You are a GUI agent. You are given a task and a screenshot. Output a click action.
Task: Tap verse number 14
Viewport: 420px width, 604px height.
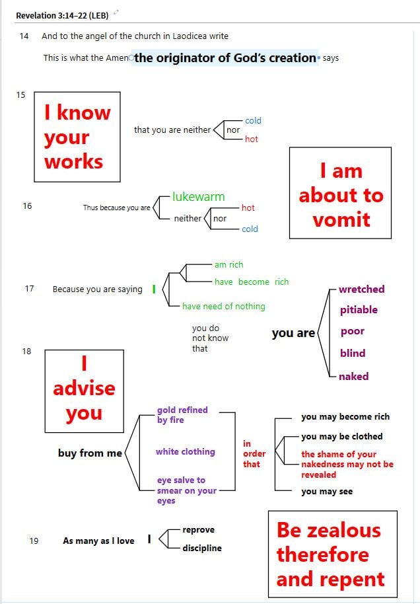[24, 36]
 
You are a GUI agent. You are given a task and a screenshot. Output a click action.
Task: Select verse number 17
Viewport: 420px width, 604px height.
[29, 289]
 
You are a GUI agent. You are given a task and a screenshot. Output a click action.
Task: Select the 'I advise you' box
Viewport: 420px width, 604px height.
[84, 389]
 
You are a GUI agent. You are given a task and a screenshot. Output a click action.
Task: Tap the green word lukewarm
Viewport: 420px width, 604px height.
[198, 197]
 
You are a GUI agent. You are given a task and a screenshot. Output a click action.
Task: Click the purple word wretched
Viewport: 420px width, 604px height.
[361, 289]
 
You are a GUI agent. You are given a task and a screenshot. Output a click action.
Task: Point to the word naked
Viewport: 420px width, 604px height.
[353, 377]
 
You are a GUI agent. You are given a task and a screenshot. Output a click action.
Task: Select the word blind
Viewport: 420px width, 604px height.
[353, 354]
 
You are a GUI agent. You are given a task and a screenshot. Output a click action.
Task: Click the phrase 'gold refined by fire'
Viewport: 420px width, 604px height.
[182, 415]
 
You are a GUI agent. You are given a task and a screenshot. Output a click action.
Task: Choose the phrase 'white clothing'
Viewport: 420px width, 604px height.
[186, 452]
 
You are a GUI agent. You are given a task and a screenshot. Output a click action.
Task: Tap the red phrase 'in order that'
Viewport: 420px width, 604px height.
[254, 454]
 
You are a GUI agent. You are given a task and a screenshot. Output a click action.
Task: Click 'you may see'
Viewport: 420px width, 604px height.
[327, 492]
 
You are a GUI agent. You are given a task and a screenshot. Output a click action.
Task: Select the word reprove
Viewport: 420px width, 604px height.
[198, 530]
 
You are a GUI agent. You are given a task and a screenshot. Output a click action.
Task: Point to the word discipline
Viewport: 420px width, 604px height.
[202, 548]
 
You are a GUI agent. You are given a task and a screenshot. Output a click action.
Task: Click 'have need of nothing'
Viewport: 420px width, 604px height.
[224, 307]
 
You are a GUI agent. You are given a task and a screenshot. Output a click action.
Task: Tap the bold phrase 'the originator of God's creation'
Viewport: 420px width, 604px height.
[225, 58]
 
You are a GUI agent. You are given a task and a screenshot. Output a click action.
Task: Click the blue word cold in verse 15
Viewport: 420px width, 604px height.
[253, 121]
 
